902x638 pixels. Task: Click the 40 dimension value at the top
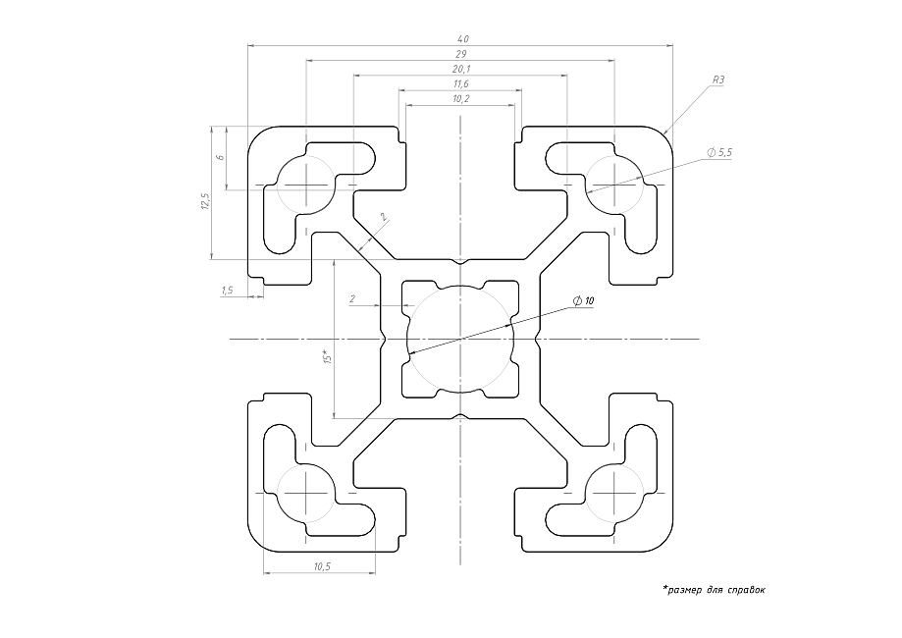462,38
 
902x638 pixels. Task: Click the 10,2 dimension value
460,99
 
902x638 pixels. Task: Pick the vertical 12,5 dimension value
205,200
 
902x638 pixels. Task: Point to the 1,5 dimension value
227,290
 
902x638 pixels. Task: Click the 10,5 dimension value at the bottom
321,567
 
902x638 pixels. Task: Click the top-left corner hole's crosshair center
309,184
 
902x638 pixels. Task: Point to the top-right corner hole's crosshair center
614,184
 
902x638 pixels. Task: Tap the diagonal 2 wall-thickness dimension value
384,217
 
